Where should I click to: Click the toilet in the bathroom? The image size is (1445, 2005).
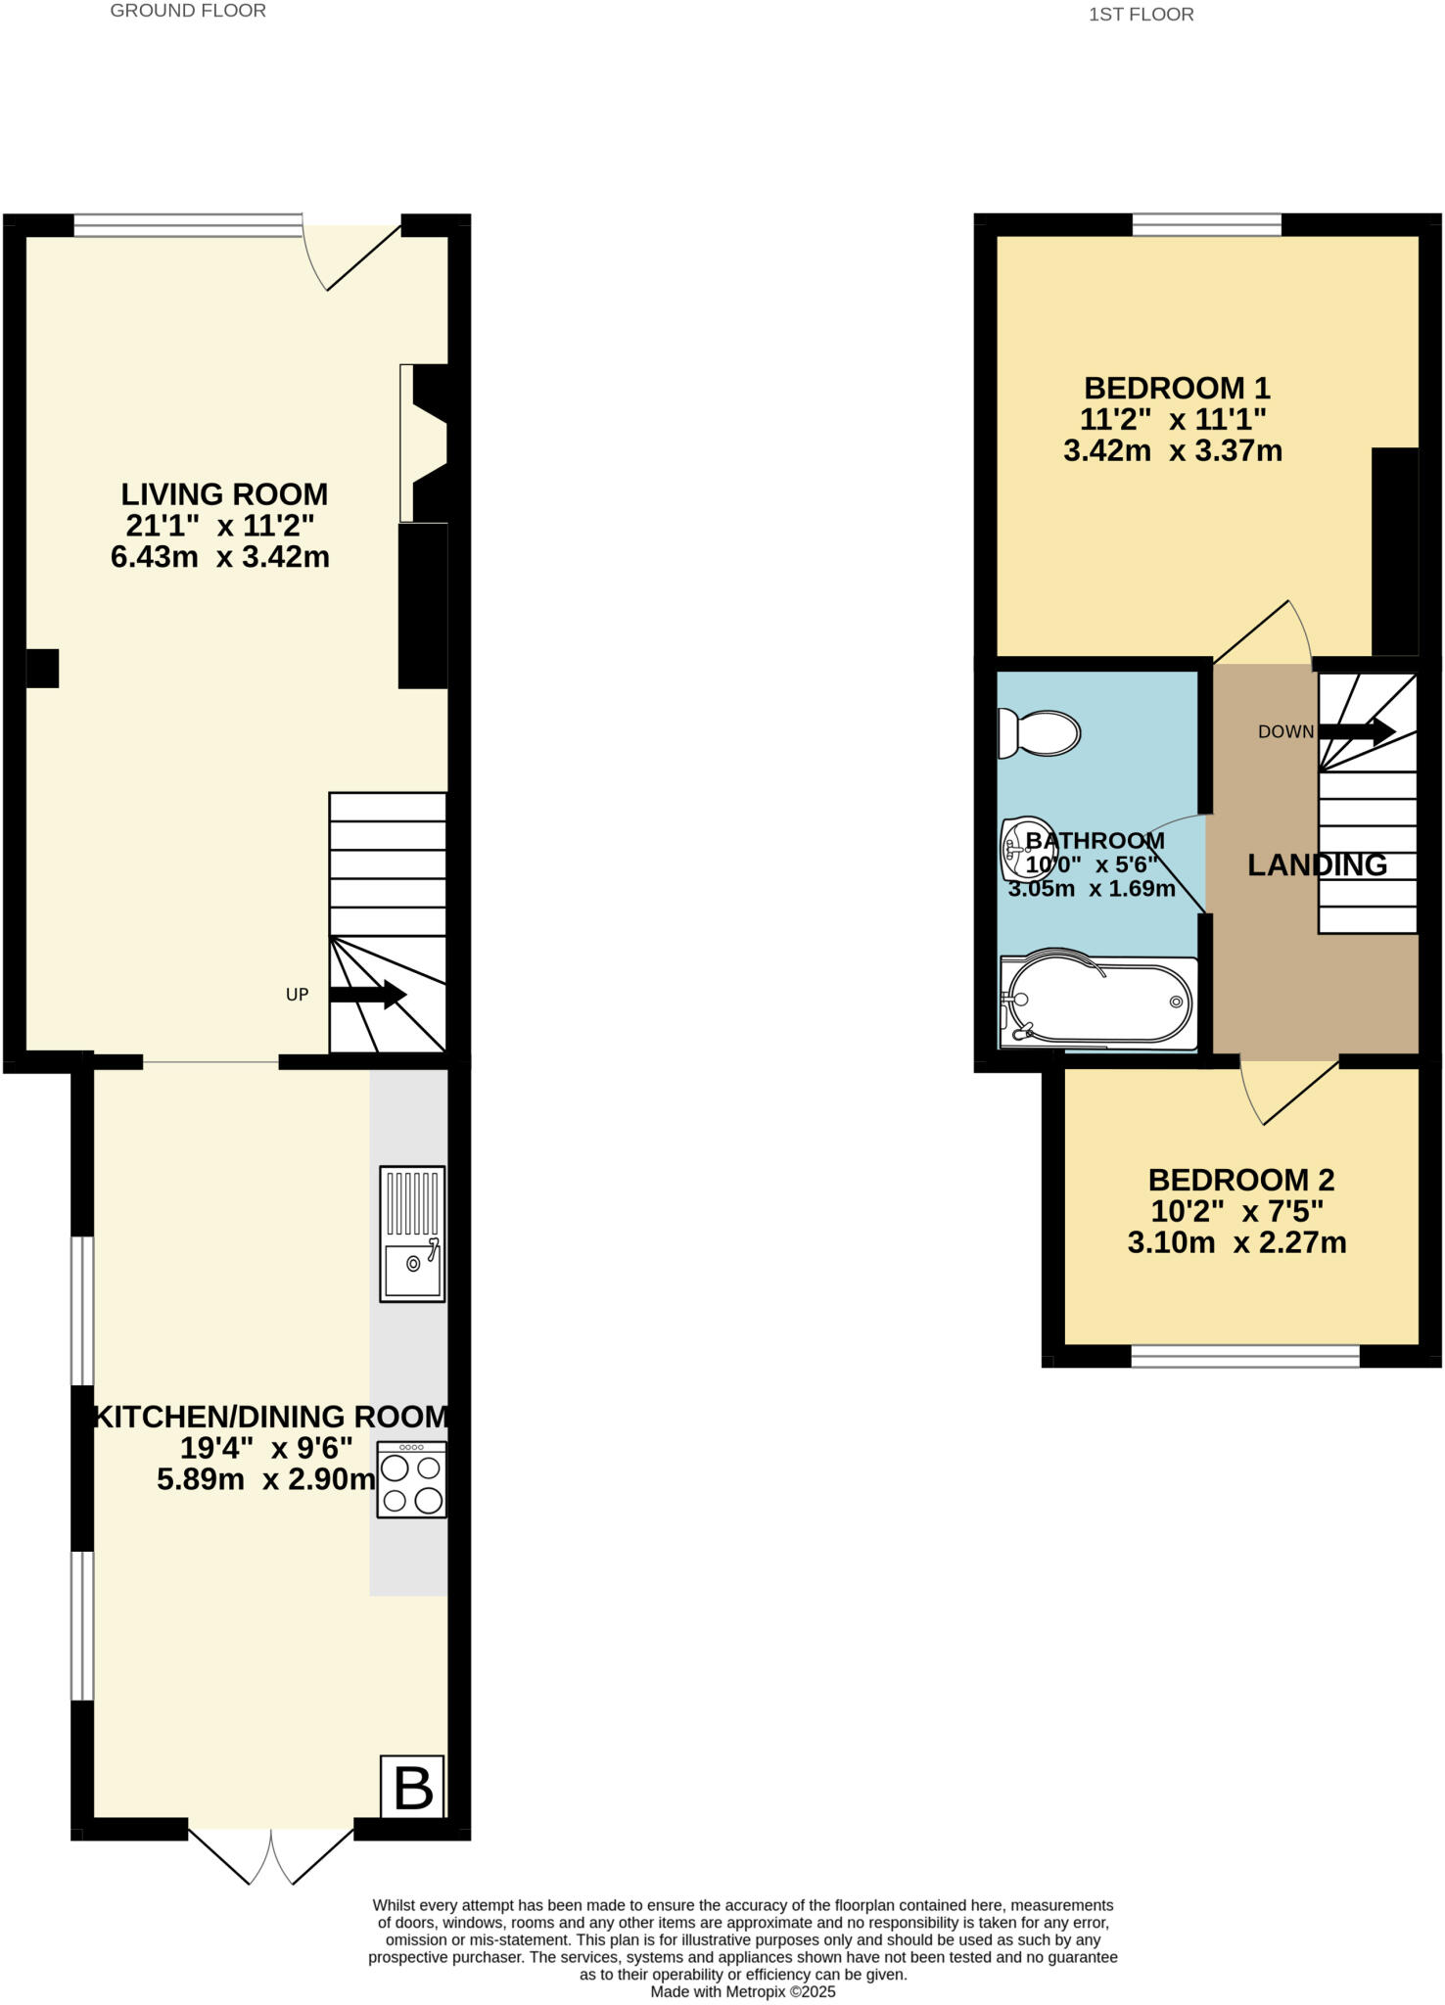pos(1038,732)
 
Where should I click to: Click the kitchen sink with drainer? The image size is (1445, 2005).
pos(412,1234)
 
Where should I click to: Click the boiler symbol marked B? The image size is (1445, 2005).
pos(412,1787)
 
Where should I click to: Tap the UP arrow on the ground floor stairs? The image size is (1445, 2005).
pos(367,995)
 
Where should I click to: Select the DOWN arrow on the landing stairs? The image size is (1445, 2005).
pos(1357,730)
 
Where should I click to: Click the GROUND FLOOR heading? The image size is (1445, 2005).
pos(188,11)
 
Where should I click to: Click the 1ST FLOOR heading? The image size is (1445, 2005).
pos(1141,15)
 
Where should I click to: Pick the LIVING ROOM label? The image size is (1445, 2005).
pos(224,493)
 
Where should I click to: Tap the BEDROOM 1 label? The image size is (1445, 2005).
pos(1176,388)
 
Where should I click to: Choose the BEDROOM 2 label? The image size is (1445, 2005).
pos(1240,1180)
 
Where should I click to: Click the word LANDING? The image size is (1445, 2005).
pos(1317,864)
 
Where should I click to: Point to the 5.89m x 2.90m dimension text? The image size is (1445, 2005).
pos(265,1478)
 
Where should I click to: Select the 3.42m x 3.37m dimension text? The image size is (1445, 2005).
pos(1173,451)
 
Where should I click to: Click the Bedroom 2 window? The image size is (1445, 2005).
pos(1245,1355)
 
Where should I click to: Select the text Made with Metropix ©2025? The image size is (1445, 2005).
pos(743,1991)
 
